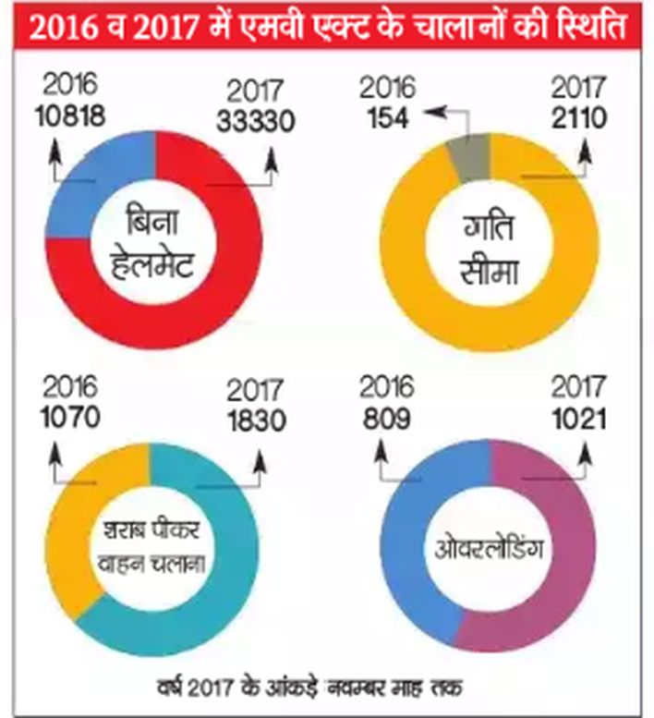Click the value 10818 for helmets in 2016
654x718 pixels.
(70, 116)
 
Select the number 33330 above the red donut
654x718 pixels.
(256, 122)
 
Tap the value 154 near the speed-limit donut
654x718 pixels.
(388, 118)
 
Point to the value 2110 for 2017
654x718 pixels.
(579, 118)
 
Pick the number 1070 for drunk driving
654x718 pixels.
(70, 417)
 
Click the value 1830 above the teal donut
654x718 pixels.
(257, 420)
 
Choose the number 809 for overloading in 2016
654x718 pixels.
(387, 419)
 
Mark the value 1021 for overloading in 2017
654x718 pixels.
(579, 419)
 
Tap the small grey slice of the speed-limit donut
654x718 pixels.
(467, 158)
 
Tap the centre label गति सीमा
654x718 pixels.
(489, 249)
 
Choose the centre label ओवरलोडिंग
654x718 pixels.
(489, 547)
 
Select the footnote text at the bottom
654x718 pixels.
(309, 687)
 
